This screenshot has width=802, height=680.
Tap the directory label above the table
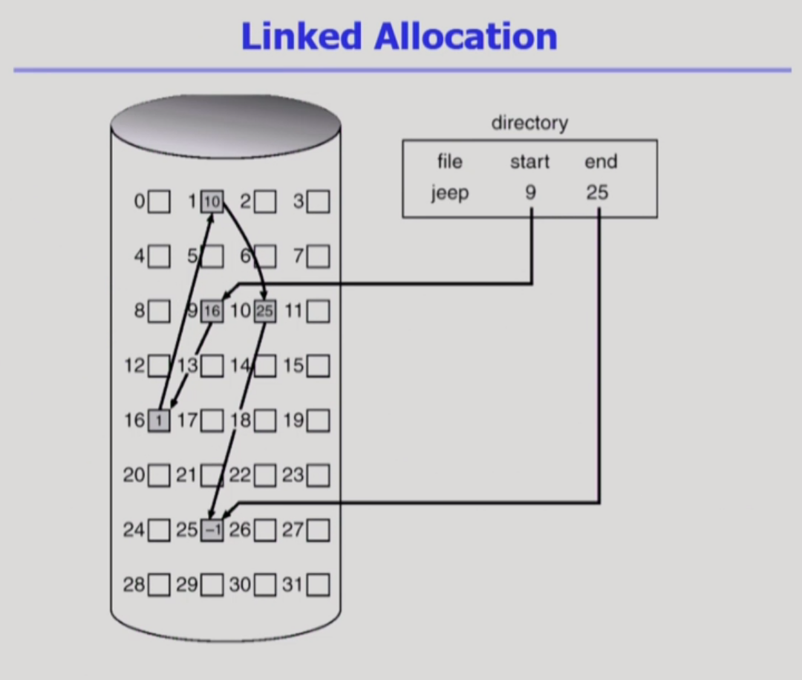(529, 123)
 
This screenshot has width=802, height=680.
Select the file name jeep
(449, 193)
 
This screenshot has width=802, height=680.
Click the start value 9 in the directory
(530, 193)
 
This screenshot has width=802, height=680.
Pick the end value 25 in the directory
(597, 193)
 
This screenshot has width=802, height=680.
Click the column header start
(530, 162)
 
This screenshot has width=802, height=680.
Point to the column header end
(601, 162)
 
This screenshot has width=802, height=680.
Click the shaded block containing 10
(212, 201)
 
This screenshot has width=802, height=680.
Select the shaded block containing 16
(212, 311)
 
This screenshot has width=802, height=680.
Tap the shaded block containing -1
(212, 530)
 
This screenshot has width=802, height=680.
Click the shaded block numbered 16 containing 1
(159, 421)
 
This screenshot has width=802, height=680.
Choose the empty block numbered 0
(159, 201)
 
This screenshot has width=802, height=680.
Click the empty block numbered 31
(319, 586)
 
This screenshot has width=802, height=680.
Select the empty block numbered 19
(319, 421)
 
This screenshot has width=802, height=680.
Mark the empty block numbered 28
(159, 586)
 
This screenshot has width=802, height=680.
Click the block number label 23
(293, 476)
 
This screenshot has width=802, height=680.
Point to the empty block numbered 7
(319, 257)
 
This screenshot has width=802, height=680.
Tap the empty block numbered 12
(159, 366)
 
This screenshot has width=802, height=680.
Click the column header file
(449, 162)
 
